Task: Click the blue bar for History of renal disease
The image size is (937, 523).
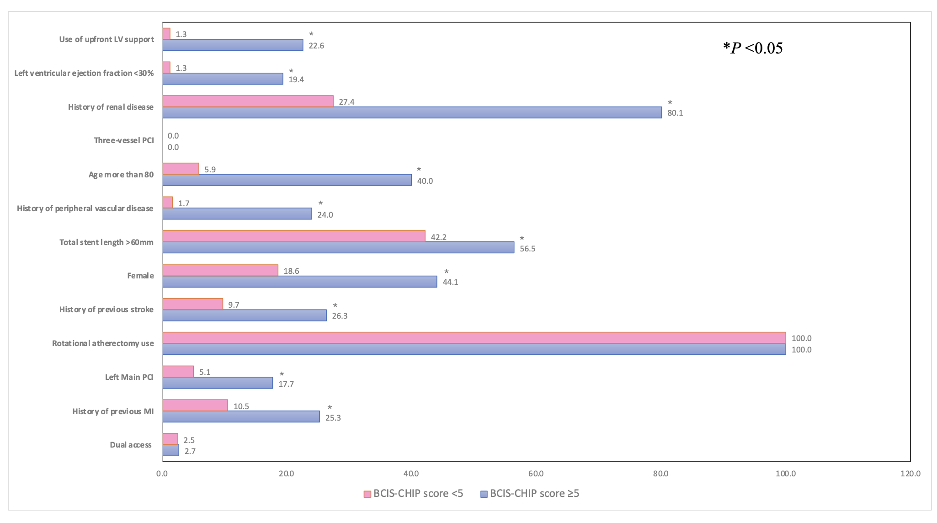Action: [411, 112]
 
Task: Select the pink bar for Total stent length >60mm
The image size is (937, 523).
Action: [293, 236]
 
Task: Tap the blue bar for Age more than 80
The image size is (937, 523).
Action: [287, 180]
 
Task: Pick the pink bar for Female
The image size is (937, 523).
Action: [220, 270]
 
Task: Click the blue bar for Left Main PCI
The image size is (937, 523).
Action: [218, 383]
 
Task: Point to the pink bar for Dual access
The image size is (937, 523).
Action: [170, 439]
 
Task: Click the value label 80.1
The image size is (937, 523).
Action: [675, 113]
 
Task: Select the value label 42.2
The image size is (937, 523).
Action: [438, 237]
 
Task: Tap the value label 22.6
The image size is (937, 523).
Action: [316, 46]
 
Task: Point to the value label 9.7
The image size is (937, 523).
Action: [234, 305]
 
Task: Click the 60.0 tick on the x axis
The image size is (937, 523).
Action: [536, 474]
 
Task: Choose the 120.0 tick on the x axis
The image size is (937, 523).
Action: [910, 474]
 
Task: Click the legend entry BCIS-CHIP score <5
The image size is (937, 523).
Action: [414, 494]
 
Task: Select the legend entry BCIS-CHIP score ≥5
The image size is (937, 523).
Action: [530, 494]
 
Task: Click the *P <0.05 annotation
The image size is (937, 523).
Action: [753, 48]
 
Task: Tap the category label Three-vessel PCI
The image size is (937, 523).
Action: [124, 140]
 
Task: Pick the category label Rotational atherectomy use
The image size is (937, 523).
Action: [103, 343]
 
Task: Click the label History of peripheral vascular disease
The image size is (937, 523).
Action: [85, 208]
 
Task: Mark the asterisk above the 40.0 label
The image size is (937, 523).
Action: [419, 170]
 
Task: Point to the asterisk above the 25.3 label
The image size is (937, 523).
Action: [330, 408]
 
